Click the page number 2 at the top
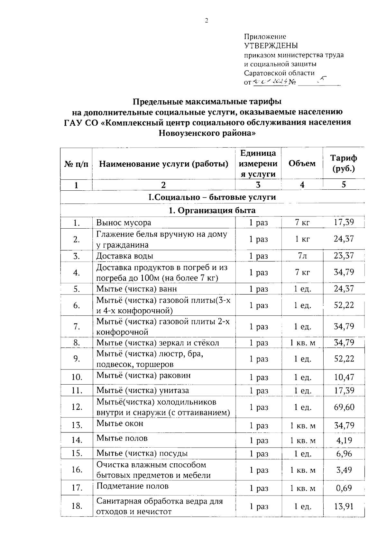coord(207,21)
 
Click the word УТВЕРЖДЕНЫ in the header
coord(271,46)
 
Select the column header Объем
coord(302,163)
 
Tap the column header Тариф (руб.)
coord(344,163)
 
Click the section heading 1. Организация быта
coord(212,210)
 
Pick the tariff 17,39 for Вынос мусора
coord(344,222)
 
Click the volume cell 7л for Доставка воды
coord(302,256)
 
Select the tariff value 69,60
coord(344,407)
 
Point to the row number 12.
coord(77,407)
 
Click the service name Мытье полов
coord(122,438)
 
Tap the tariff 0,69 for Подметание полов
coord(344,488)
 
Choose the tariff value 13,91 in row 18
coord(344,506)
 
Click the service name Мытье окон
coord(120,423)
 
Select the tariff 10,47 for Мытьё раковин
coord(344,377)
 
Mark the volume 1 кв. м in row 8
coord(302,343)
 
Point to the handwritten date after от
coord(270,82)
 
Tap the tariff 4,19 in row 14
coord(344,440)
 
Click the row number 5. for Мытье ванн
coord(77,289)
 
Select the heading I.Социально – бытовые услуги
coord(212,197)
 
